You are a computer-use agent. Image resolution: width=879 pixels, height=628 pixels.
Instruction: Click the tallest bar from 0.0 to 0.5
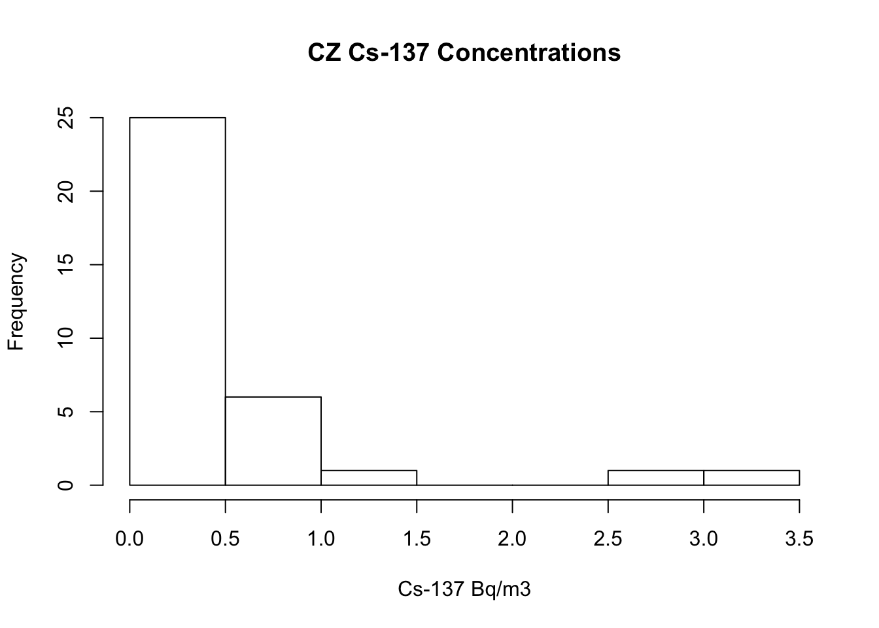pyautogui.click(x=177, y=301)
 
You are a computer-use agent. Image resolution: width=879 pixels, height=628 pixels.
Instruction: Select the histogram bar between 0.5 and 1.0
pyautogui.click(x=273, y=441)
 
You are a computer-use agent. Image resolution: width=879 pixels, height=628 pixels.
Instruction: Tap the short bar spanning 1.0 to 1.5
pyautogui.click(x=369, y=478)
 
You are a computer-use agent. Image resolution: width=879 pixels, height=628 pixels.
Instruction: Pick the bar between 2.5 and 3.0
pyautogui.click(x=656, y=478)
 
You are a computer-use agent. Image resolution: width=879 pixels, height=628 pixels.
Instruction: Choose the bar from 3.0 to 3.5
pyautogui.click(x=751, y=478)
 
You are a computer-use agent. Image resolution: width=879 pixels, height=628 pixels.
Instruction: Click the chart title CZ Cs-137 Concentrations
pyautogui.click(x=464, y=52)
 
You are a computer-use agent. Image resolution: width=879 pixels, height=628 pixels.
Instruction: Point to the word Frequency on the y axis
pyautogui.click(x=16, y=302)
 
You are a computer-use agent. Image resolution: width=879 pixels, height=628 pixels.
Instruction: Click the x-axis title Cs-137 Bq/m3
pyautogui.click(x=464, y=589)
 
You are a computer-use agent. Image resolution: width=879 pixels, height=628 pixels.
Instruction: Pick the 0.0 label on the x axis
pyautogui.click(x=129, y=538)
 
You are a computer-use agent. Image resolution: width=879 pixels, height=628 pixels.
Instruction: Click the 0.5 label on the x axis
pyautogui.click(x=225, y=538)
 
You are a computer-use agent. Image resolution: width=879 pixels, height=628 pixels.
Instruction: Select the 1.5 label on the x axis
pyautogui.click(x=417, y=538)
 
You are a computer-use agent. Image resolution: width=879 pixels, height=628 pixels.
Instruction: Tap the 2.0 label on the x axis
pyautogui.click(x=512, y=538)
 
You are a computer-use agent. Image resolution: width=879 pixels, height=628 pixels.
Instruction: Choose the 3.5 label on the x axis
pyautogui.click(x=799, y=538)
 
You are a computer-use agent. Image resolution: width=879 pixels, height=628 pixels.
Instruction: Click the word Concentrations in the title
pyautogui.click(x=529, y=52)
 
